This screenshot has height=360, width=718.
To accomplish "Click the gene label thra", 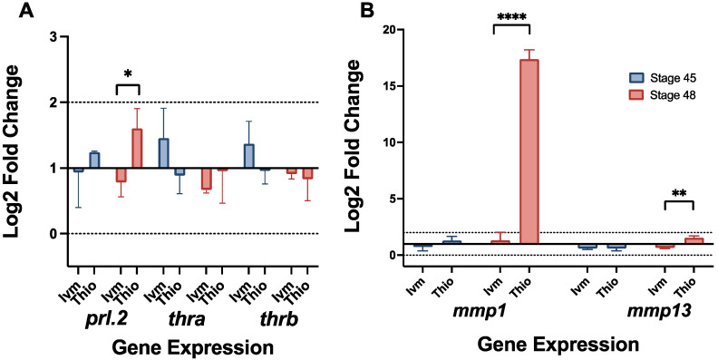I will point(189,318).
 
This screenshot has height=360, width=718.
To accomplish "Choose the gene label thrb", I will point(275,318).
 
